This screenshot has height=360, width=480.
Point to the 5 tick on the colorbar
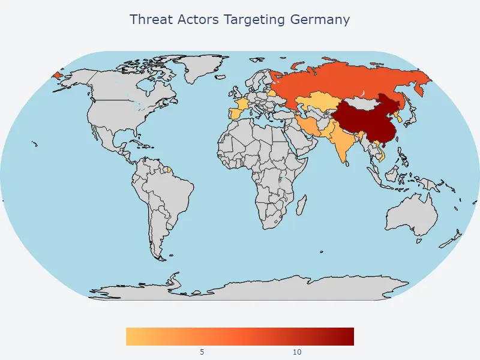[202, 352]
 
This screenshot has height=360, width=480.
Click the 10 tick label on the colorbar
[297, 352]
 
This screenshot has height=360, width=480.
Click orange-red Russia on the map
[348, 81]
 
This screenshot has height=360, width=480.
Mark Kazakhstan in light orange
[318, 105]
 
